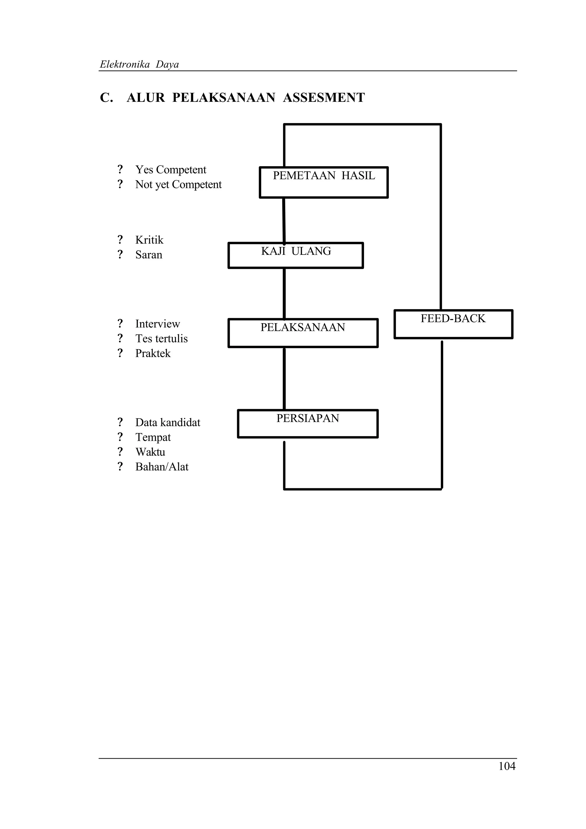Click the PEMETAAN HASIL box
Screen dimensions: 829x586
pyautogui.click(x=324, y=182)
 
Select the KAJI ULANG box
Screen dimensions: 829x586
pyautogui.click(x=295, y=255)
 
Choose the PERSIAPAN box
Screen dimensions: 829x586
pyautogui.click(x=308, y=424)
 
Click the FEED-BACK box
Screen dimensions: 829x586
pyautogui.click(x=453, y=324)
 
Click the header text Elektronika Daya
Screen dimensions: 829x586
pyautogui.click(x=139, y=64)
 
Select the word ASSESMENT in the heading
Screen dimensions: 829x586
pyautogui.click(x=324, y=98)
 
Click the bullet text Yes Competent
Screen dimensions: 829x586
pyautogui.click(x=171, y=170)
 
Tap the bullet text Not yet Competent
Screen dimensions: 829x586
pyautogui.click(x=178, y=185)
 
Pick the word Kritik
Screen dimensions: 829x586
pyautogui.click(x=149, y=240)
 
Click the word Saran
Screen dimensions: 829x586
pyautogui.click(x=149, y=255)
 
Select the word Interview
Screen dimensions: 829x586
pyautogui.click(x=157, y=324)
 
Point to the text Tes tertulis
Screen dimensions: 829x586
pyautogui.click(x=161, y=339)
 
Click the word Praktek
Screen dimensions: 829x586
pyautogui.click(x=153, y=354)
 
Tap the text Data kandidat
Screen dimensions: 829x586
pyautogui.click(x=168, y=423)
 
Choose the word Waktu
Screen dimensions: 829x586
pyautogui.click(x=150, y=452)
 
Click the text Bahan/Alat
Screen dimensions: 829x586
pyautogui.click(x=162, y=467)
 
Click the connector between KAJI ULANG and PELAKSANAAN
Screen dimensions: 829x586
pyautogui.click(x=284, y=293)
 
